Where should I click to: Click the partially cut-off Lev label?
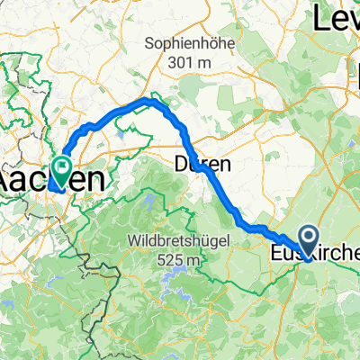[x=337, y=19]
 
